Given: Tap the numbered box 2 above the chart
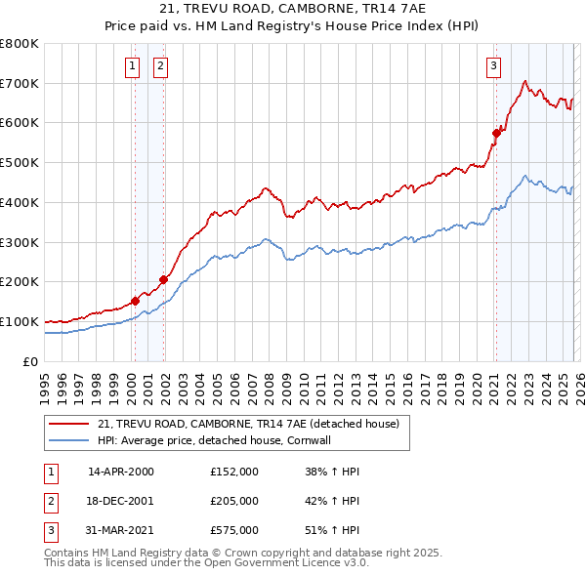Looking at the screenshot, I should (x=159, y=66).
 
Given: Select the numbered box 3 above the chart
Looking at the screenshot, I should (x=493, y=66).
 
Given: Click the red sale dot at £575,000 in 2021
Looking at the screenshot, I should (x=495, y=131).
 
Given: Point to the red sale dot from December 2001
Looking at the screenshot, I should (x=163, y=279).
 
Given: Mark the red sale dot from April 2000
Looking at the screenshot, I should (x=135, y=301).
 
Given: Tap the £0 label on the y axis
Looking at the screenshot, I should (x=31, y=361).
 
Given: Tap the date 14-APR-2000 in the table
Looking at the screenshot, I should (x=121, y=472).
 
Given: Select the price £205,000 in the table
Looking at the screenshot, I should (x=234, y=501).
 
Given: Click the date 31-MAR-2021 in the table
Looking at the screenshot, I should (x=121, y=530).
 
